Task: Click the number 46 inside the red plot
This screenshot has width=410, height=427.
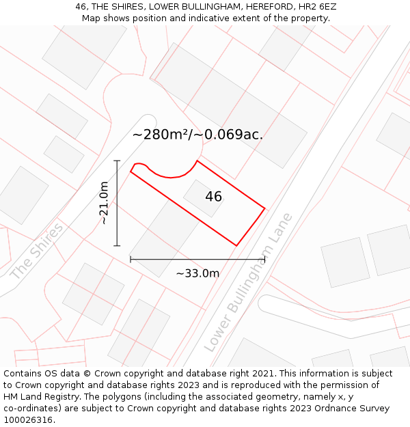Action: click(x=213, y=197)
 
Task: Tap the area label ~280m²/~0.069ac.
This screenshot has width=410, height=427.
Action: click(x=197, y=135)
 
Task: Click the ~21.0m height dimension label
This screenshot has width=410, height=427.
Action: click(x=104, y=203)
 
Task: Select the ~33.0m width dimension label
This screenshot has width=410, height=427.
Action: click(x=197, y=273)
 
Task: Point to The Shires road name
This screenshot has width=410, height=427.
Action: click(x=37, y=251)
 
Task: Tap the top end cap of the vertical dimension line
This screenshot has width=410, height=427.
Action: click(x=117, y=161)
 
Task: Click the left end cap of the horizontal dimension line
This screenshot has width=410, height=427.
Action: click(x=131, y=260)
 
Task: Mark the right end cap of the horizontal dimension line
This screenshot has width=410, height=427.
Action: click(x=264, y=260)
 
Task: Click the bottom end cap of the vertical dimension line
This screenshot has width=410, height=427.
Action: click(x=117, y=245)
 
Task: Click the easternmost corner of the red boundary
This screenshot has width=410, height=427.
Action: click(x=264, y=208)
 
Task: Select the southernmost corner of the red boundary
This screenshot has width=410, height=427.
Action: click(x=236, y=245)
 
